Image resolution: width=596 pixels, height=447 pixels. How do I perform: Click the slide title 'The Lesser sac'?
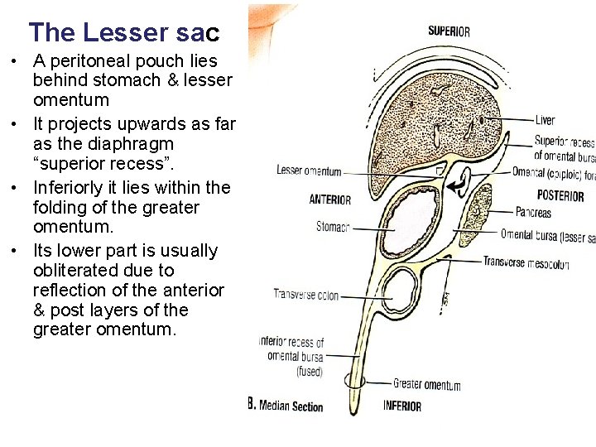tap(124, 32)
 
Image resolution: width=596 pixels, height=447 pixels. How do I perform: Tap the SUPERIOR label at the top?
tap(449, 31)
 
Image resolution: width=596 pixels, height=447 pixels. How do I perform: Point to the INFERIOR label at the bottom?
tap(401, 406)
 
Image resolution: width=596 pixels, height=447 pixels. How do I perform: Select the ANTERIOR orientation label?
tap(329, 199)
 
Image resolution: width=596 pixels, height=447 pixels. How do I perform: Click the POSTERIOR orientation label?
tap(560, 196)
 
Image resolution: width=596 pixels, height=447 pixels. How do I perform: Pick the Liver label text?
tap(545, 121)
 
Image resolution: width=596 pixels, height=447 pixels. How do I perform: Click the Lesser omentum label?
tap(308, 172)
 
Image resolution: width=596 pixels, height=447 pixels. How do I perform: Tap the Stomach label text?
tap(333, 226)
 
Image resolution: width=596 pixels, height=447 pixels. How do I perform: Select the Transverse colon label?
tap(306, 295)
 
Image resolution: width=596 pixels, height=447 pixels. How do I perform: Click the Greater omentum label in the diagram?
tap(426, 385)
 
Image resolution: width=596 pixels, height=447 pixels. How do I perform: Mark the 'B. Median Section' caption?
tap(286, 406)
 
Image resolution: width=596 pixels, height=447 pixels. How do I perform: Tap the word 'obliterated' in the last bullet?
tap(75, 270)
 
